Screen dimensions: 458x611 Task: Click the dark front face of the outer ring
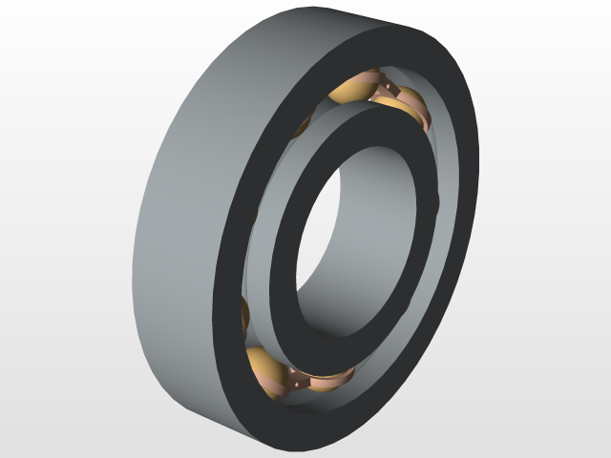[239, 239]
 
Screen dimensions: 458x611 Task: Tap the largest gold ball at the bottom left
[264, 367]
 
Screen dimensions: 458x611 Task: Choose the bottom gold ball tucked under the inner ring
[329, 382]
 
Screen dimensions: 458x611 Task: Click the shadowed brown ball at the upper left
[304, 124]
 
